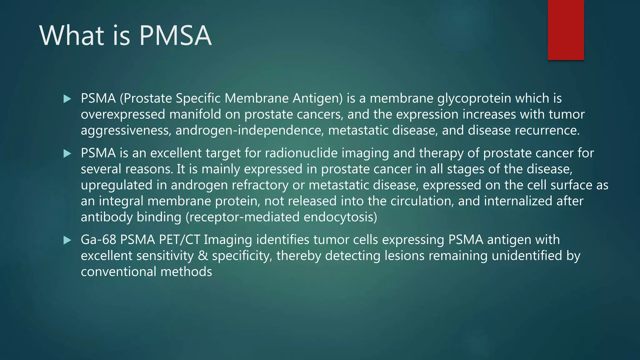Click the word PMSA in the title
(x=175, y=36)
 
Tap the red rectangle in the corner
(x=566, y=30)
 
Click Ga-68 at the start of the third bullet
(x=98, y=240)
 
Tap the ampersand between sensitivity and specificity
(x=203, y=256)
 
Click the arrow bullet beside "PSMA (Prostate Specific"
(x=67, y=99)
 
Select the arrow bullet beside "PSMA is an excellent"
(x=67, y=153)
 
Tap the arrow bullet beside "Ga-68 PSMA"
(x=67, y=240)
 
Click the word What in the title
(x=72, y=36)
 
